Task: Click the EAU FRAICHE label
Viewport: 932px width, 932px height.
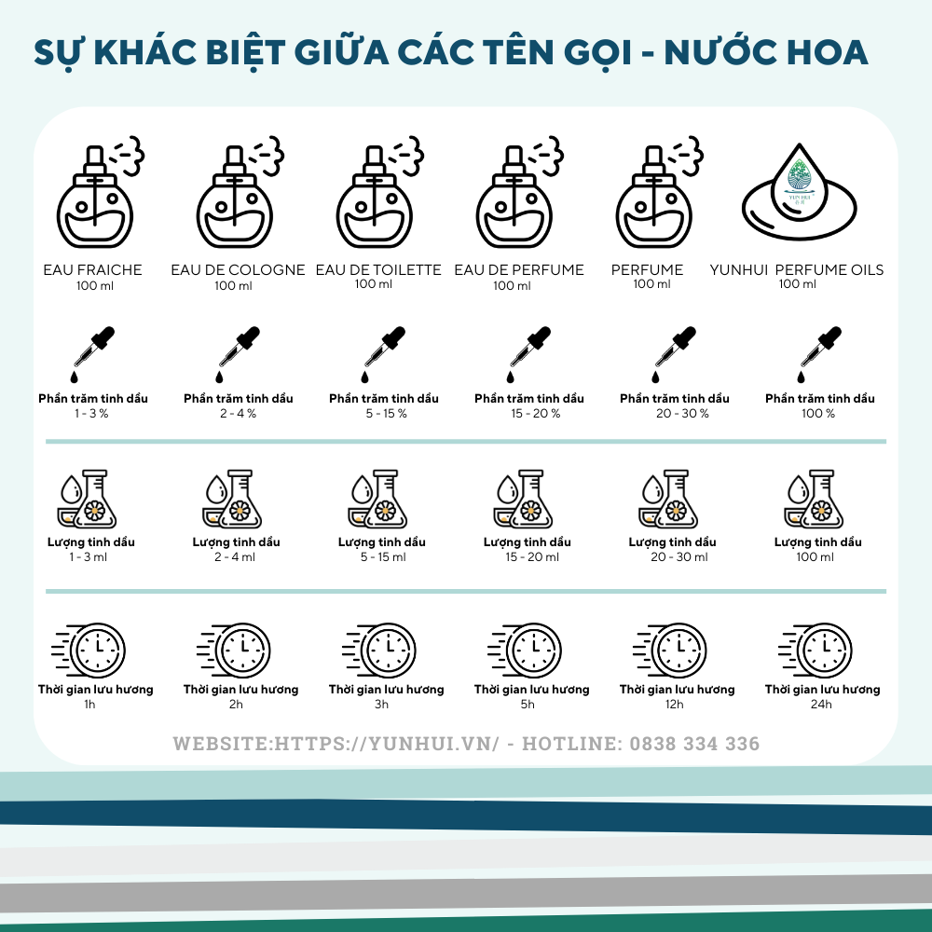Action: (92, 270)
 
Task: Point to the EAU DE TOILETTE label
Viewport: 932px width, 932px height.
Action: (378, 270)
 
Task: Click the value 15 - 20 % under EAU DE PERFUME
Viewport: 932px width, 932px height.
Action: (536, 414)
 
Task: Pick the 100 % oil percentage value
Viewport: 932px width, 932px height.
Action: (818, 414)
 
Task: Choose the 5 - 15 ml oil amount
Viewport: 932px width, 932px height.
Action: (383, 557)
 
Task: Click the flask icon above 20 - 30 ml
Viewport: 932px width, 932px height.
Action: (668, 499)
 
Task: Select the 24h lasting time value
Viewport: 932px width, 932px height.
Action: (821, 705)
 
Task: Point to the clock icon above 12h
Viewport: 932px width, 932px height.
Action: (670, 650)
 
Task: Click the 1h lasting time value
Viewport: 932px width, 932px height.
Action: (89, 705)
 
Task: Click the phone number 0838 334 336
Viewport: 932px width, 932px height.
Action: (694, 744)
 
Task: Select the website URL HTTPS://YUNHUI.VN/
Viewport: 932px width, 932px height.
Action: (387, 744)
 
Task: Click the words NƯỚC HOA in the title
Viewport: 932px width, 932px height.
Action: (765, 52)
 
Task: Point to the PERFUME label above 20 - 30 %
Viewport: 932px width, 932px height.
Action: (648, 270)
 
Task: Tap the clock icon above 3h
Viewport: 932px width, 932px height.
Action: (379, 650)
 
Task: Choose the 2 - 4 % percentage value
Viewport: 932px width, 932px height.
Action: (239, 414)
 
